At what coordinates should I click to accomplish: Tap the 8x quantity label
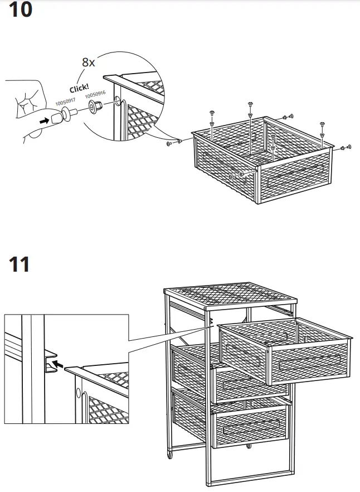[x=89, y=62]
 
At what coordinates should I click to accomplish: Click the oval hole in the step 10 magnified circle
[x=119, y=103]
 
